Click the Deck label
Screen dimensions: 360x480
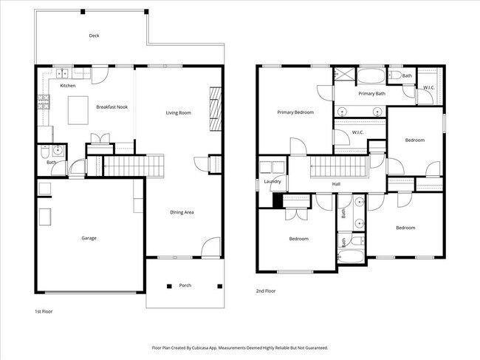[94, 35]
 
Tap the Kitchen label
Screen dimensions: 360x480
[68, 86]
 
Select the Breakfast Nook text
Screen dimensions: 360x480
[112, 107]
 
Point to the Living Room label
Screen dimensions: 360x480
[178, 112]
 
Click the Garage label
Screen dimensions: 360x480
[89, 238]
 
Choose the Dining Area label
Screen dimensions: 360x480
[182, 213]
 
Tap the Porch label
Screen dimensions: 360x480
[185, 285]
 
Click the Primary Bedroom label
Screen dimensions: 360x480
[295, 112]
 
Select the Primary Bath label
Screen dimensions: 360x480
[372, 94]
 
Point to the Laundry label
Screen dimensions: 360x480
[272, 181]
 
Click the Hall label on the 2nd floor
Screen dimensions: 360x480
[336, 184]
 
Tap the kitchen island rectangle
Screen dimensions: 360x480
[78, 111]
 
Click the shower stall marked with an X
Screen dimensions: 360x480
[343, 75]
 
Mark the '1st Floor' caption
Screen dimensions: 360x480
[44, 311]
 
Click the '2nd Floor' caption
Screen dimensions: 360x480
[266, 291]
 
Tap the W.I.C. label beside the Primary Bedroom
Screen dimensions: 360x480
[358, 132]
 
